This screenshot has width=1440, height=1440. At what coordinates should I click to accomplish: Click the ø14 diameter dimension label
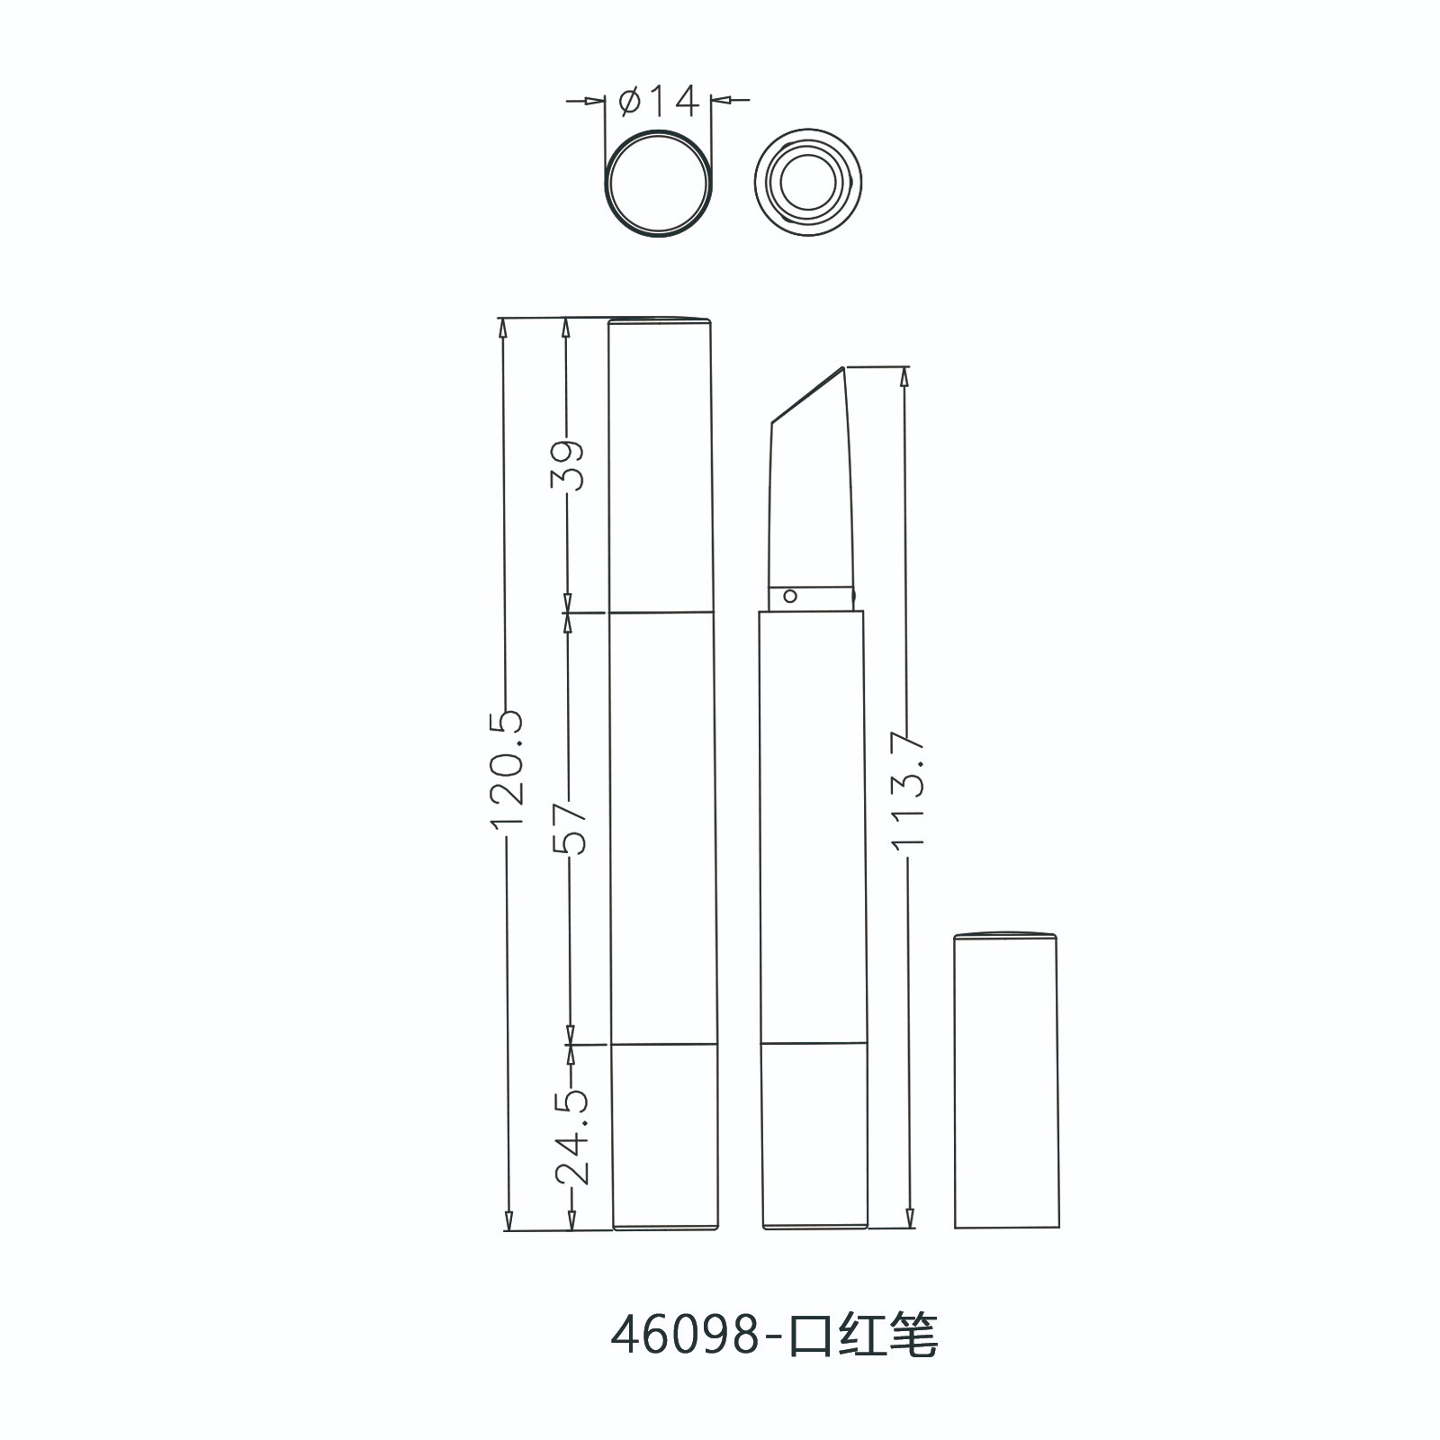coord(659,103)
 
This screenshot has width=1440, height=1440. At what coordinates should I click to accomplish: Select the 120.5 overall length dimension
coord(508,769)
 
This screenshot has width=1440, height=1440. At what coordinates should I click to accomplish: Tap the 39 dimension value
coord(569,464)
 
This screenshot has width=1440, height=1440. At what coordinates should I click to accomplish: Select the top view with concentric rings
coord(807,184)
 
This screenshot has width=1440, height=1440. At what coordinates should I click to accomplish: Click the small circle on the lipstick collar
coord(790,595)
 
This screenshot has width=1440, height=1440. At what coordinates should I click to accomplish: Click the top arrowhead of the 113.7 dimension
coord(907,377)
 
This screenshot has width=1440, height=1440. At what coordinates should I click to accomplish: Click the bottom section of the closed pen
coord(665,1136)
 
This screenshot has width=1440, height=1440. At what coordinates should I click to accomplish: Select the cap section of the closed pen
coord(661,464)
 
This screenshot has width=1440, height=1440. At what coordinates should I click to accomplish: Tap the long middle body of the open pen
coord(813,828)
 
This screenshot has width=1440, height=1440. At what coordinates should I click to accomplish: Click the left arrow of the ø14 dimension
coord(594,102)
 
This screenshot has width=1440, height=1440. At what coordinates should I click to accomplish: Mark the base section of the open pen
coord(814,1136)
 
